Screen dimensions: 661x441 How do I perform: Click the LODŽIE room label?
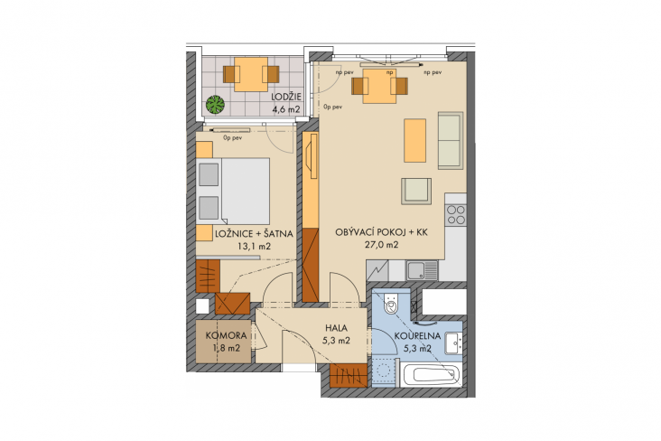[x=286, y=97]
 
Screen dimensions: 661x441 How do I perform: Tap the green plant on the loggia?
[x=215, y=104]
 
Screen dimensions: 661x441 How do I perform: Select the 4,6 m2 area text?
[x=286, y=109]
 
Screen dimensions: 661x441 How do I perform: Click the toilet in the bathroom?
[x=391, y=304]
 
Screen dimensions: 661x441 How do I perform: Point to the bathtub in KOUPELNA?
[x=431, y=375]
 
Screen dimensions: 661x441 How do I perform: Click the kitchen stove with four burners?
[x=456, y=214]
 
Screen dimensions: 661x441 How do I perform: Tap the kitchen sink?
[x=422, y=270]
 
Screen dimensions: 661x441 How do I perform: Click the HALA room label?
[x=337, y=327]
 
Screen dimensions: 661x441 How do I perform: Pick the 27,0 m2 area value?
[x=381, y=245]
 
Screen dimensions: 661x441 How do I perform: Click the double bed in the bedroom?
[x=233, y=192]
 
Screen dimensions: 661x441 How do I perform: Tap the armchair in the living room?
[x=416, y=191]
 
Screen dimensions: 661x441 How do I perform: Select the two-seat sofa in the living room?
[x=451, y=141]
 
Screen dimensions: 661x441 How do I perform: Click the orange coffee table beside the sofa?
[x=414, y=141]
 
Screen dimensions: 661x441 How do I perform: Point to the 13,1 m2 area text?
[x=255, y=247]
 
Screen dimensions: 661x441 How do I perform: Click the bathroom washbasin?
[x=454, y=343]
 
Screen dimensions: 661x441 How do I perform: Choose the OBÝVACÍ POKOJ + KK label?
[x=381, y=232]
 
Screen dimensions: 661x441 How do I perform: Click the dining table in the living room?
[x=380, y=86]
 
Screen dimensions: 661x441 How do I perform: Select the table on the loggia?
[x=251, y=74]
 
